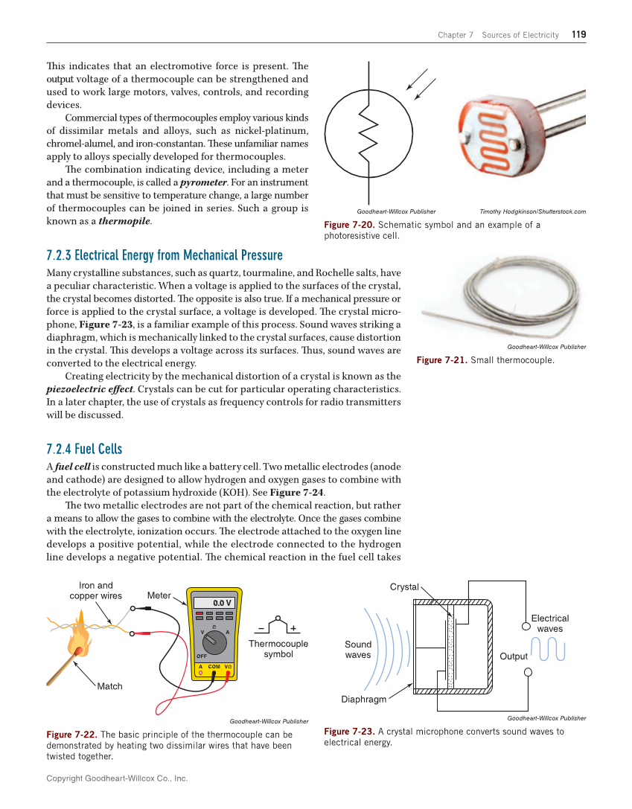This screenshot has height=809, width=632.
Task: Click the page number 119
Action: tap(578, 34)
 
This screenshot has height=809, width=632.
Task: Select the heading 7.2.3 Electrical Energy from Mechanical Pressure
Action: tap(165, 255)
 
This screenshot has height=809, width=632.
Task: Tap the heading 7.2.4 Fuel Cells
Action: tap(84, 449)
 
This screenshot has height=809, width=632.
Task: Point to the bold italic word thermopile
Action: tap(125, 221)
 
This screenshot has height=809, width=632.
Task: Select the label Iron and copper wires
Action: tap(96, 590)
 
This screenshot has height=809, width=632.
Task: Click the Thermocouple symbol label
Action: tap(278, 648)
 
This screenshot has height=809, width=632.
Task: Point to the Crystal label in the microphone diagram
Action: tap(404, 586)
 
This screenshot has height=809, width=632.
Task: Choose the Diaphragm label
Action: tap(364, 699)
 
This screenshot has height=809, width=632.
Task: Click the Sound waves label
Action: tap(358, 649)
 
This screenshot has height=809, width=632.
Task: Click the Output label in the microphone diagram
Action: tap(513, 656)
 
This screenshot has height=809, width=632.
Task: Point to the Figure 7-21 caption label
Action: tap(441, 360)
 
